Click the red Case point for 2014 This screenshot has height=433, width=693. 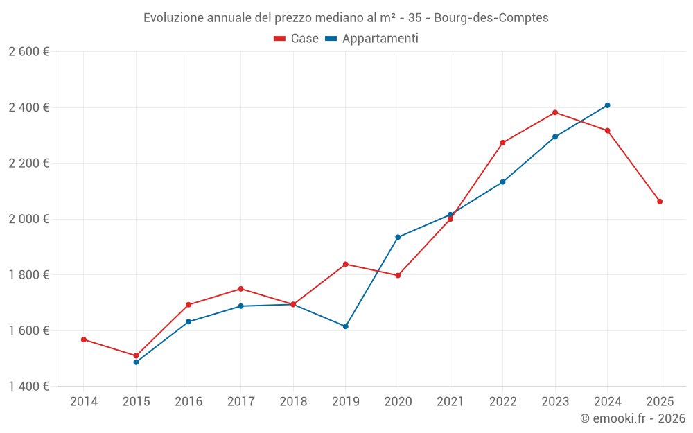pyautogui.click(x=84, y=339)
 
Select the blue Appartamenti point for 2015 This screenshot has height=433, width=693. pyautogui.click(x=136, y=362)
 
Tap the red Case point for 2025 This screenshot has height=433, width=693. pyautogui.click(x=660, y=202)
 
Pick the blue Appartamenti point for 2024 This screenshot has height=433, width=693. pyautogui.click(x=607, y=105)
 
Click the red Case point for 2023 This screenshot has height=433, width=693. pyautogui.click(x=555, y=112)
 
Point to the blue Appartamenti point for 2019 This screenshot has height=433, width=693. pyautogui.click(x=346, y=326)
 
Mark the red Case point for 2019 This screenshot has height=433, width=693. pyautogui.click(x=346, y=264)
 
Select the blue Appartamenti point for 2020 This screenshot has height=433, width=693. pyautogui.click(x=398, y=237)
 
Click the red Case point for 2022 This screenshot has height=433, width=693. pyautogui.click(x=502, y=143)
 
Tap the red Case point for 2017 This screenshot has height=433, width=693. pyautogui.click(x=240, y=289)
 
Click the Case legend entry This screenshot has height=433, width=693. pyautogui.click(x=297, y=39)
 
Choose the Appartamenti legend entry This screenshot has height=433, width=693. pyautogui.click(x=372, y=39)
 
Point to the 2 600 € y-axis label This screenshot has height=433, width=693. pyautogui.click(x=28, y=52)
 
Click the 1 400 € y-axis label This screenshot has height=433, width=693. pyautogui.click(x=28, y=387)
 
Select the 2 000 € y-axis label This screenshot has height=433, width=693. pyautogui.click(x=28, y=219)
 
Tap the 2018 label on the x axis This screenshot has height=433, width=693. pyautogui.click(x=293, y=402)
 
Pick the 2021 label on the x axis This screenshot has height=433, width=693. pyautogui.click(x=450, y=402)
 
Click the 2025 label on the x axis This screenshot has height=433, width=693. pyautogui.click(x=660, y=402)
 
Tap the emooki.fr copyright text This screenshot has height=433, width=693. pyautogui.click(x=633, y=418)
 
